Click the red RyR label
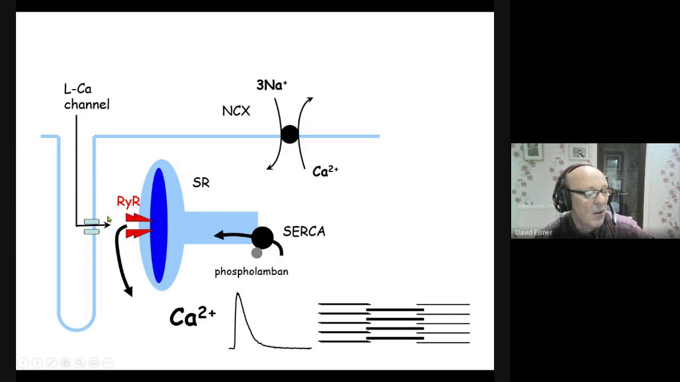tap(129, 202)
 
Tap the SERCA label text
tap(304, 232)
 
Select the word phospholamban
tap(251, 272)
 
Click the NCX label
tap(236, 111)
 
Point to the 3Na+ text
tap(271, 85)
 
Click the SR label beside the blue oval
tap(201, 183)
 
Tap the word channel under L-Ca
tap(87, 105)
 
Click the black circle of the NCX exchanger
tap(290, 134)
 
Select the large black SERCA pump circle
tap(262, 238)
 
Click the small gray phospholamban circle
tap(257, 253)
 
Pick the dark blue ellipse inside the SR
tap(159, 225)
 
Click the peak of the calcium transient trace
tap(237, 293)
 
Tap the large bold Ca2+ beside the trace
tap(193, 317)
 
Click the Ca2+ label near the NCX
tap(326, 171)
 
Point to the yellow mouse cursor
tap(109, 220)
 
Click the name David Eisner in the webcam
tap(533, 232)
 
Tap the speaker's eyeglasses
tap(590, 193)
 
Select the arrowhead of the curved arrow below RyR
tap(129, 292)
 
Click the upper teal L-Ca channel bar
tap(91, 222)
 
